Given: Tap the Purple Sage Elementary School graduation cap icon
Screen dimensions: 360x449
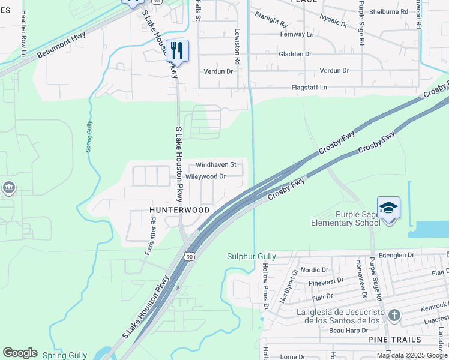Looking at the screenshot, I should pyautogui.click(x=388, y=208).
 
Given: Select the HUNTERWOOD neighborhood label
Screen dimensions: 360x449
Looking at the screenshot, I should pyautogui.click(x=179, y=210).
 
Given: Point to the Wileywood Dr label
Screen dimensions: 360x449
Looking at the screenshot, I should pyautogui.click(x=205, y=176).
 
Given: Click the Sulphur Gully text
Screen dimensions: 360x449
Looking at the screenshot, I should pyautogui.click(x=251, y=256).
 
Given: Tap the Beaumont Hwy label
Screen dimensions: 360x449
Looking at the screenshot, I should pyautogui.click(x=61, y=44).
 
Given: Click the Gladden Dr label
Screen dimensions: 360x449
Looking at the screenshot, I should pyautogui.click(x=295, y=54).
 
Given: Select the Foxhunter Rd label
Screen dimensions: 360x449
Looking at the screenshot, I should pyautogui.click(x=151, y=236).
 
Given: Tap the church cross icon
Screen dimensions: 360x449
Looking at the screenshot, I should pyautogui.click(x=394, y=315).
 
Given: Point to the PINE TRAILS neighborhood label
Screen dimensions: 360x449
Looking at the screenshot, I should pyautogui.click(x=390, y=340).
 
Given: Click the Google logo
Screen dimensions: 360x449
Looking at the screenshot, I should pyautogui.click(x=20, y=353).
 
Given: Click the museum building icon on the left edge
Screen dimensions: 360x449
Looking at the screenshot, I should pyautogui.click(x=9, y=188).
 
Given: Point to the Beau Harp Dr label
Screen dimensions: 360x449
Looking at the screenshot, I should pyautogui.click(x=348, y=331).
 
